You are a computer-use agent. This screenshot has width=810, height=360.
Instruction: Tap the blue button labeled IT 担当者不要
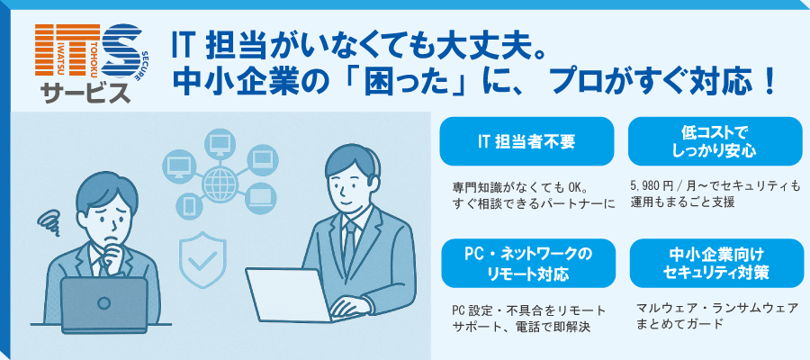pyautogui.click(x=526, y=141)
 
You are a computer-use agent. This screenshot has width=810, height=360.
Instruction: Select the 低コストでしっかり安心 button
pyautogui.click(x=715, y=141)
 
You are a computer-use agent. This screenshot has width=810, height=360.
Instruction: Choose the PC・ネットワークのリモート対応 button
pyautogui.click(x=526, y=263)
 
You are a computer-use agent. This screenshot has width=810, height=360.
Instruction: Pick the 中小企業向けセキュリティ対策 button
pyautogui.click(x=715, y=263)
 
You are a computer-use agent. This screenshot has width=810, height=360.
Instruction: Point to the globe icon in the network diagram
pyautogui.click(x=220, y=182)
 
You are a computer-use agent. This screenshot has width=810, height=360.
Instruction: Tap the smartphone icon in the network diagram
pyautogui.click(x=189, y=206)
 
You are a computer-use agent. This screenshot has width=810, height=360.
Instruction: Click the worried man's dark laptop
pyautogui.click(x=103, y=305)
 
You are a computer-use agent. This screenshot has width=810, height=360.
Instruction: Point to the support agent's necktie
pyautogui.click(x=350, y=243)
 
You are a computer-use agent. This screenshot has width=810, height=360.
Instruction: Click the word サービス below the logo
pyautogui.click(x=86, y=94)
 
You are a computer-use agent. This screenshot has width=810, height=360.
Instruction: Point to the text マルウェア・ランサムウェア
pyautogui.click(x=718, y=309)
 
